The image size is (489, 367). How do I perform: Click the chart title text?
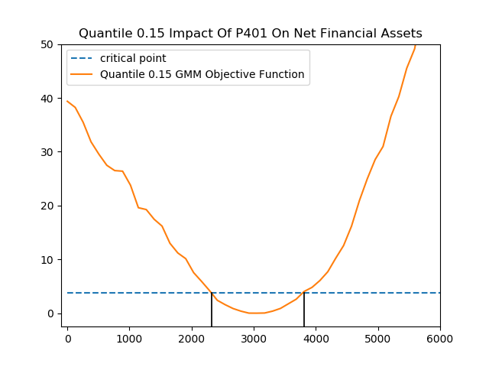tap(251, 34)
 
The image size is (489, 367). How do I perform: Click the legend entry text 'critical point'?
tap(133, 59)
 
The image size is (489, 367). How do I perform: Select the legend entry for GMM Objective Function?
tap(202, 75)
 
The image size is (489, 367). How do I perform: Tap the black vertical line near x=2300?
tap(212, 310)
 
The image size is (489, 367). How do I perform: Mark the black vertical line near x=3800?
tap(304, 310)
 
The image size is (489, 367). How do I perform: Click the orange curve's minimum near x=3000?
tap(254, 313)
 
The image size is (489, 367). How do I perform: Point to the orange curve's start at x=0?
tap(67, 101)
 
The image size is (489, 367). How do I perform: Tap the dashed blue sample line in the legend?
tap(83, 59)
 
